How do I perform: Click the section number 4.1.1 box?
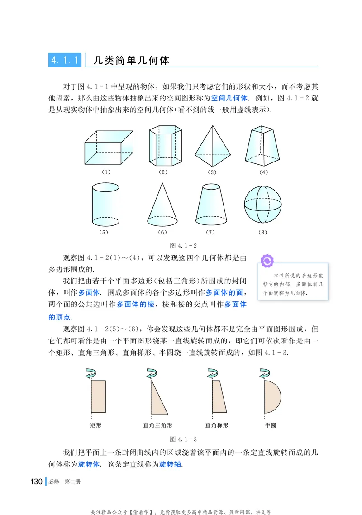[65, 60]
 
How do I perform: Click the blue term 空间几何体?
[229, 98]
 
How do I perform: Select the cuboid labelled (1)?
[110, 147]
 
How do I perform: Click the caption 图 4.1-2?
[183, 245]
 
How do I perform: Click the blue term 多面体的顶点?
[229, 305]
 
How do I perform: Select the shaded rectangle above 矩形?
[99, 396]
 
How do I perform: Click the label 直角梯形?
[217, 425]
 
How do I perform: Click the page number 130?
[36, 482]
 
